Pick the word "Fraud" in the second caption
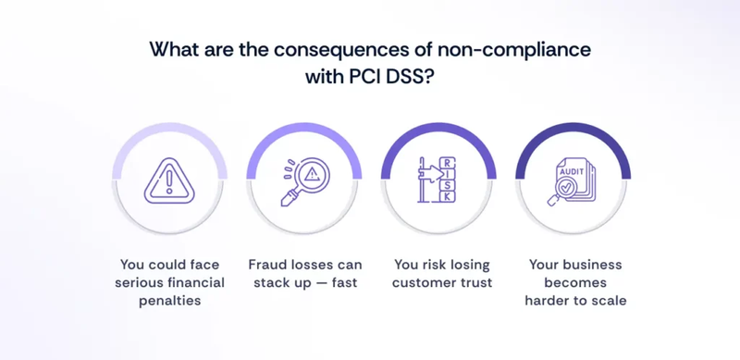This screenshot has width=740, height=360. [x=268, y=264]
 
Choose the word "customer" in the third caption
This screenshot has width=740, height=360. [x=421, y=281]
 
